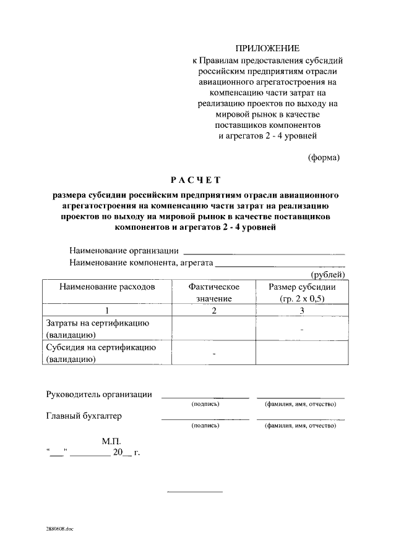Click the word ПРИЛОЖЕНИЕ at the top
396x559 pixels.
click(x=267, y=48)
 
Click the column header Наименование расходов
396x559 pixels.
click(x=106, y=287)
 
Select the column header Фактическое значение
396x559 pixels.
click(x=213, y=293)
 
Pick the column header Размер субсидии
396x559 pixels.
click(x=301, y=293)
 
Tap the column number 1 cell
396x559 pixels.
click(x=106, y=310)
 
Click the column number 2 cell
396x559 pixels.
click(x=213, y=310)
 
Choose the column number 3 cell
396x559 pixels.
click(x=301, y=310)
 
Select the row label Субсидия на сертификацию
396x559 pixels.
click(x=100, y=353)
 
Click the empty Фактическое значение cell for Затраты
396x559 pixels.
click(x=213, y=329)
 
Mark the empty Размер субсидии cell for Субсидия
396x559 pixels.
click(x=301, y=353)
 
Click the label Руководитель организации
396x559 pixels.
click(x=99, y=395)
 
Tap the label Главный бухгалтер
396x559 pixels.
click(x=84, y=416)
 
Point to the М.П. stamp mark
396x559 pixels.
click(x=112, y=442)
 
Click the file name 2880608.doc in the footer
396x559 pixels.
click(x=59, y=529)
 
